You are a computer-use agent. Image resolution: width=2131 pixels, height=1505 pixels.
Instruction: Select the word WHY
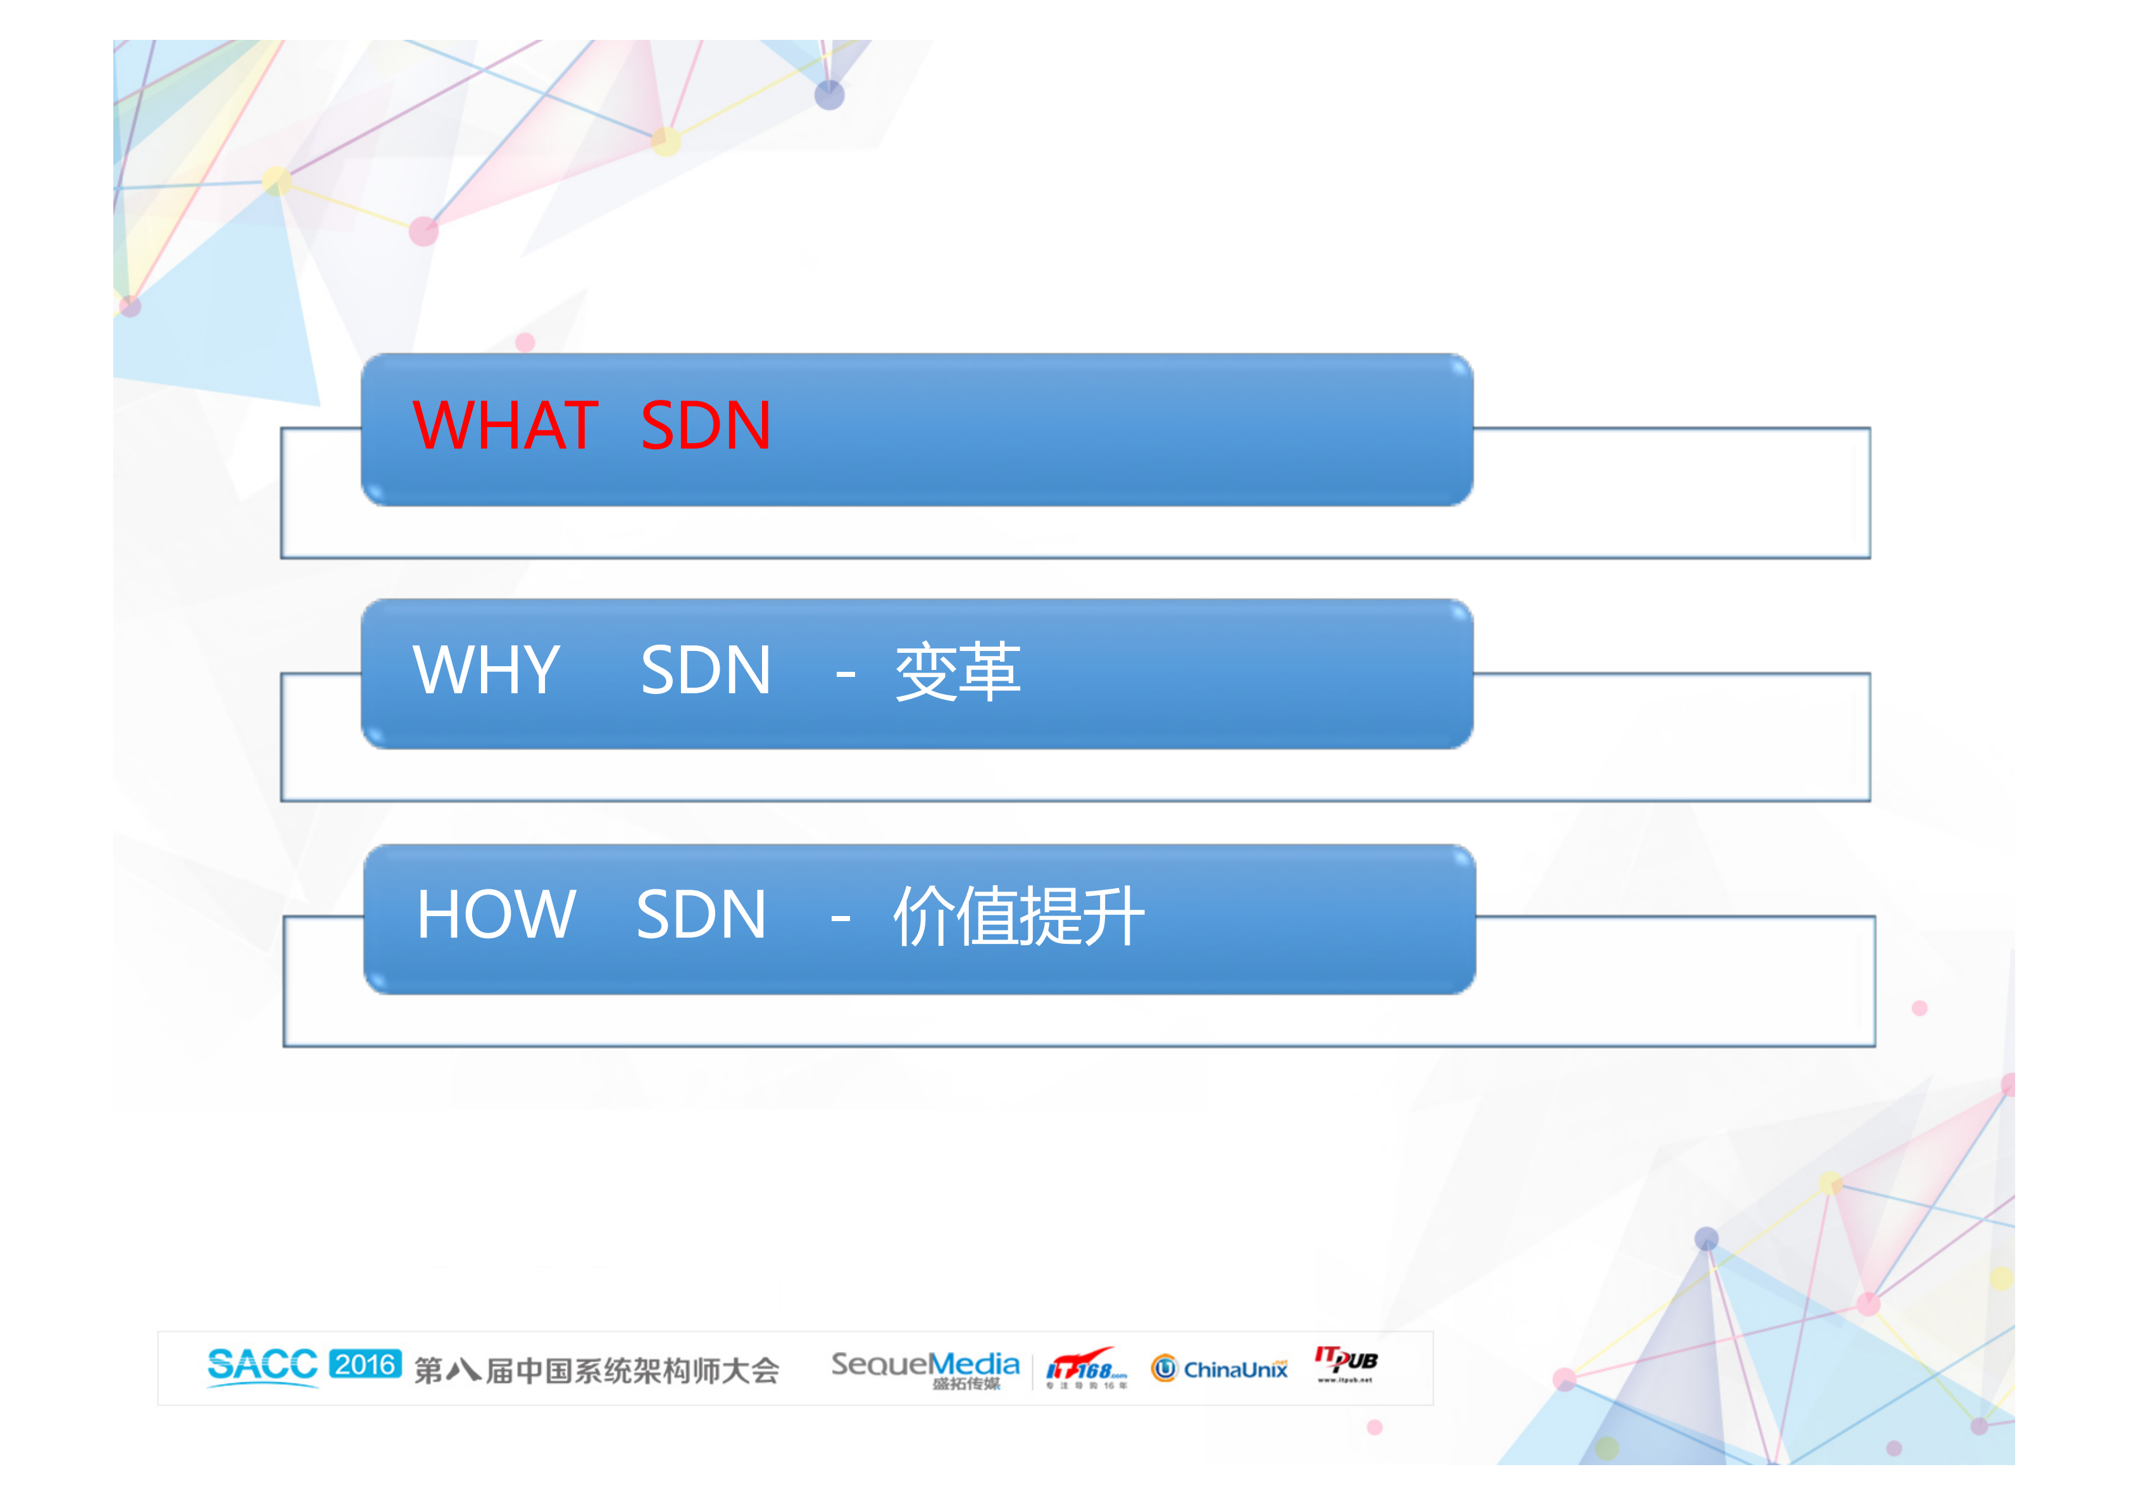pyautogui.click(x=486, y=670)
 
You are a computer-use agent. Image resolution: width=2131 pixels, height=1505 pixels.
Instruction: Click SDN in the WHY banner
pyautogui.click(x=706, y=670)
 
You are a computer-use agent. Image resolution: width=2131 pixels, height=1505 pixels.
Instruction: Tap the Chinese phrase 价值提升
pyautogui.click(x=1018, y=917)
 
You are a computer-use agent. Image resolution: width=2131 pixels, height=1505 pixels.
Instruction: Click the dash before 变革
pyautogui.click(x=844, y=672)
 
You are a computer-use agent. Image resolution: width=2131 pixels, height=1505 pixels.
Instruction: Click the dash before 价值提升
pyautogui.click(x=840, y=919)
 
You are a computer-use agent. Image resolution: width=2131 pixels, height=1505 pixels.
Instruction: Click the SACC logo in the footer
pyautogui.click(x=262, y=1366)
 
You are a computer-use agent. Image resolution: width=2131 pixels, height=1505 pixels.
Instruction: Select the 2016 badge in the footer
pyautogui.click(x=365, y=1364)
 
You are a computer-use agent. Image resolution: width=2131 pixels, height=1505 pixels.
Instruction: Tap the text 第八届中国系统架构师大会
pyautogui.click(x=596, y=1370)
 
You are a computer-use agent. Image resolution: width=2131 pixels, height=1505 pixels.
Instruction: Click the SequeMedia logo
pyautogui.click(x=925, y=1368)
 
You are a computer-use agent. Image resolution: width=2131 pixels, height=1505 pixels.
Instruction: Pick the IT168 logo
pyautogui.click(x=1086, y=1368)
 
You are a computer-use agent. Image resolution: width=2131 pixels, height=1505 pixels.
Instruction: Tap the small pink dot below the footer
pyautogui.click(x=1375, y=1427)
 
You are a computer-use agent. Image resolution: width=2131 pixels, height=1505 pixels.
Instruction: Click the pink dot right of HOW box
pyautogui.click(x=1920, y=1008)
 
